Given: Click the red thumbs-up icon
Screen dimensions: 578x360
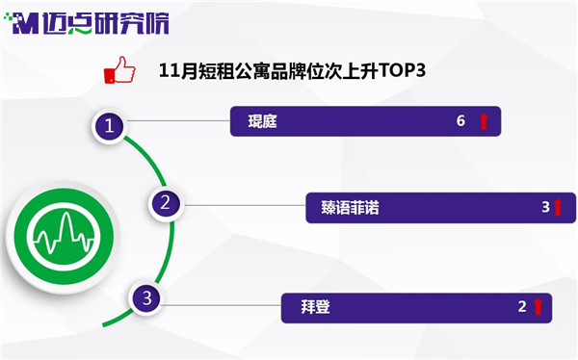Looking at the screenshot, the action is click(x=119, y=70).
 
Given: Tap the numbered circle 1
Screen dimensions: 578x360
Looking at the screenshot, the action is click(x=109, y=126).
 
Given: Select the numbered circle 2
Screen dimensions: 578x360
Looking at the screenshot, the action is click(x=165, y=203).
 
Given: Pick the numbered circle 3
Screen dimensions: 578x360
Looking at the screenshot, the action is click(x=147, y=297).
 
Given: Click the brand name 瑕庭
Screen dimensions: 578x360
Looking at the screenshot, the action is click(x=262, y=121).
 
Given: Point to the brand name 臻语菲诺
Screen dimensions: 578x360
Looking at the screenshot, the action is click(x=350, y=208).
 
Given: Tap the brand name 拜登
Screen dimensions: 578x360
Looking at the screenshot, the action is click(x=315, y=306).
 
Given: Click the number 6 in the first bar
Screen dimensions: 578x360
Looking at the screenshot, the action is click(x=460, y=121).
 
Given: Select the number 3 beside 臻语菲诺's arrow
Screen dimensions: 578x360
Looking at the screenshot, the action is click(x=545, y=207).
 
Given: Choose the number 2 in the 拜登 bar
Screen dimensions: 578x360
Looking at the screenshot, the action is click(x=522, y=306).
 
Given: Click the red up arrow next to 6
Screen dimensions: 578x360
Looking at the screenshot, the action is click(x=484, y=121).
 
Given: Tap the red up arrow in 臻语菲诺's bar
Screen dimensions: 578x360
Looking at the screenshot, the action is click(x=558, y=207).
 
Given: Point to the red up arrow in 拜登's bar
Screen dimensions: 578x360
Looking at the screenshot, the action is click(x=539, y=306).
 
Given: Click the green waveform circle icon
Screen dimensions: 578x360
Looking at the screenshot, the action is click(x=64, y=237).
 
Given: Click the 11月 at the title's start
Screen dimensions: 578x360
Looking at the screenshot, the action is click(x=177, y=70).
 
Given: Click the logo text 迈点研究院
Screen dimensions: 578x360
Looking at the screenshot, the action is click(x=105, y=23).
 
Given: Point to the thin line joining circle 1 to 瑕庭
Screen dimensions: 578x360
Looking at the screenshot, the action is click(x=178, y=121).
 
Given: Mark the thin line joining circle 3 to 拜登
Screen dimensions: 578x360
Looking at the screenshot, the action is click(x=223, y=305).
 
